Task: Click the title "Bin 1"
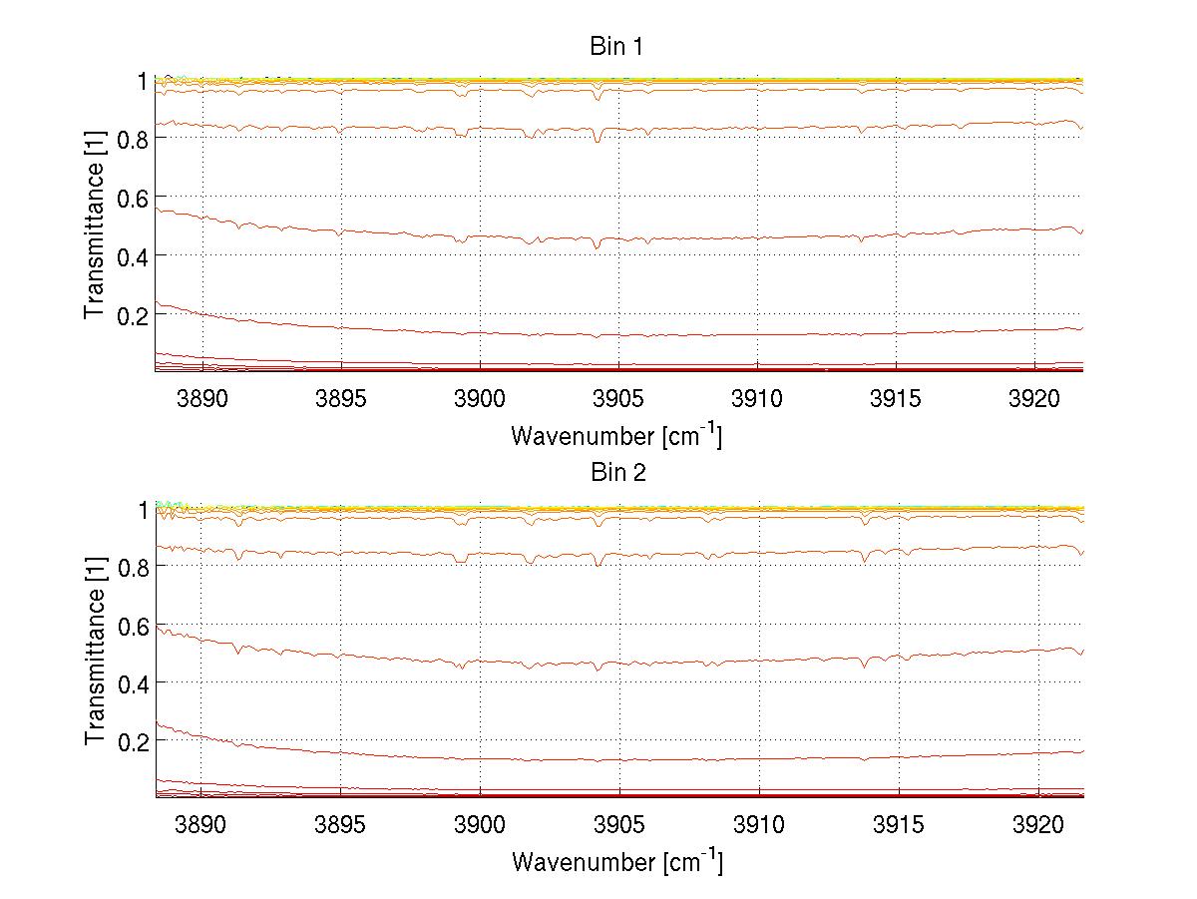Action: (x=618, y=46)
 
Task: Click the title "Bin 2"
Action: (x=618, y=472)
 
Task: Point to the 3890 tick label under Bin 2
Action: (x=201, y=824)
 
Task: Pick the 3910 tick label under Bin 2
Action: (x=758, y=824)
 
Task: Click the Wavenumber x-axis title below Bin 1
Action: (x=616, y=435)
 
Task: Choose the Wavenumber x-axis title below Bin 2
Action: (x=616, y=861)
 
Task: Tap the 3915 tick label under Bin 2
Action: (x=898, y=824)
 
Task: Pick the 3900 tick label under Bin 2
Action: (x=480, y=824)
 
